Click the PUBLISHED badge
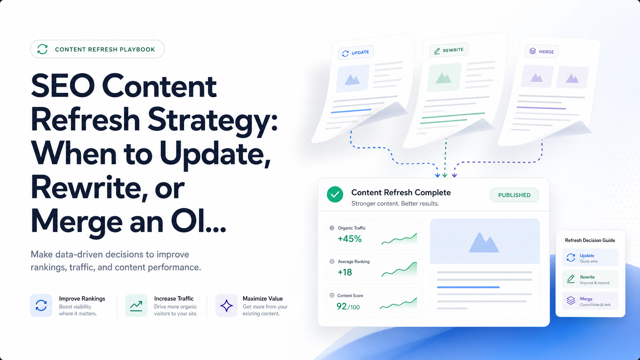pos(514,195)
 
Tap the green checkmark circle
pos(335,194)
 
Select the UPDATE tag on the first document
pos(356,52)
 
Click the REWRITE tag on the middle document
pos(449,50)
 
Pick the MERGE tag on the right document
pos(542,52)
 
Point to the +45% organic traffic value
pos(350,238)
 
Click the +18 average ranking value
pos(345,272)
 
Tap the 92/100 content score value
pos(348,306)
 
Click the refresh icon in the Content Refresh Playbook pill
pos(42,49)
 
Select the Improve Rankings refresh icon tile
pos(41,306)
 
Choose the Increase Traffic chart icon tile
pos(136,306)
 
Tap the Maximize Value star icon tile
pos(226,306)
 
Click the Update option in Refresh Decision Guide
pos(590,258)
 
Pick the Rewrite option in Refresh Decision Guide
pos(590,279)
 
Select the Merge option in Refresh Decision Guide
pos(590,301)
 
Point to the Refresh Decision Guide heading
pos(590,240)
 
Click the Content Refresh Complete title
pos(401,192)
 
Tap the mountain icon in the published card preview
pos(484,242)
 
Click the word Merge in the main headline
pos(76,222)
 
